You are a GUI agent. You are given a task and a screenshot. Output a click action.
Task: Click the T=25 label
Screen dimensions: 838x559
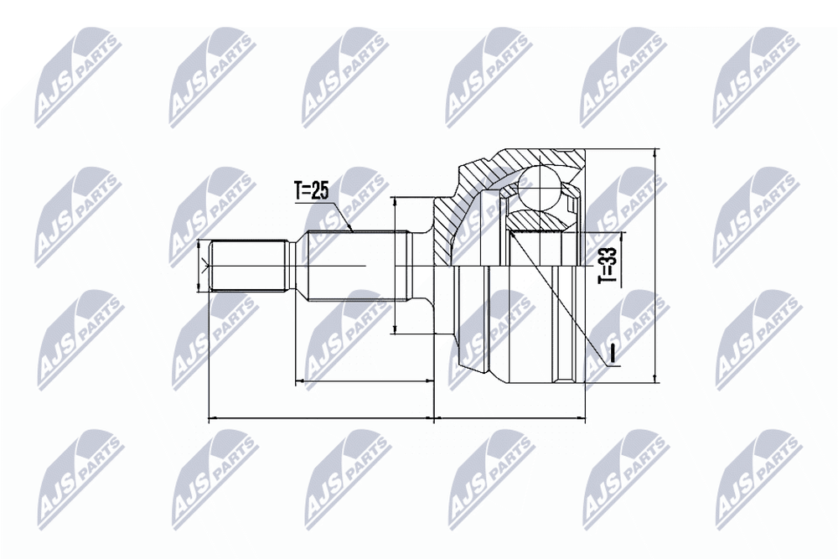click(x=312, y=190)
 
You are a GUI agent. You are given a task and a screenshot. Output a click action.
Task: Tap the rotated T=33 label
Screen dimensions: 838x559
click(x=608, y=265)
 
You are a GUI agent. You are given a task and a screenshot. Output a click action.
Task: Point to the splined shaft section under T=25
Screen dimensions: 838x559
click(x=353, y=266)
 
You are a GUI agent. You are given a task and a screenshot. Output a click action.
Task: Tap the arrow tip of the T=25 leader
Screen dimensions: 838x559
click(x=352, y=230)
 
